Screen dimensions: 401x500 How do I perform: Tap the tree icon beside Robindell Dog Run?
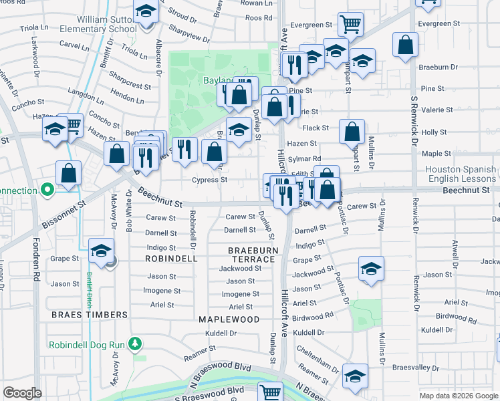tap(136, 344)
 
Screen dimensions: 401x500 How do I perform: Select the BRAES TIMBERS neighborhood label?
tap(90, 314)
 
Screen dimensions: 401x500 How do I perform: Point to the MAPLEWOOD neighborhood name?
tap(229, 319)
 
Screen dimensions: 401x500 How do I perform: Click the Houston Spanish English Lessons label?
tap(461, 174)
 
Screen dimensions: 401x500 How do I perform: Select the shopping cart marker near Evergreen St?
tap(350, 25)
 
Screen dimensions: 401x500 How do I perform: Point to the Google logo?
tap(23, 393)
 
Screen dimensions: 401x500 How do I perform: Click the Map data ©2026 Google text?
tap(459, 396)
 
